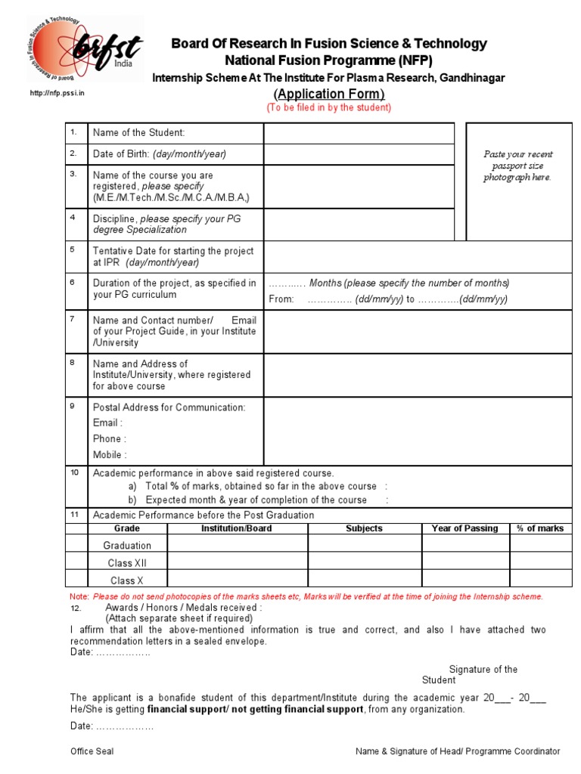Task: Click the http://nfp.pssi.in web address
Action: (57, 93)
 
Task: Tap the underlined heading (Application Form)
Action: (328, 94)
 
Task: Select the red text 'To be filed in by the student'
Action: (328, 107)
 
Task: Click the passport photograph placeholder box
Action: (518, 181)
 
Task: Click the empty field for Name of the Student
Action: (359, 133)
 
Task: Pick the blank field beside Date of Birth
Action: (359, 154)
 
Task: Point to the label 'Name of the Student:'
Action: (138, 133)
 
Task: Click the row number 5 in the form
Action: (73, 249)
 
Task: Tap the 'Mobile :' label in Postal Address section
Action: (110, 455)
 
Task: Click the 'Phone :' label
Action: (110, 439)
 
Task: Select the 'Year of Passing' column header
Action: (464, 528)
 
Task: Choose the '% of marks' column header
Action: (540, 528)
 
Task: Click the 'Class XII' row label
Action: (127, 563)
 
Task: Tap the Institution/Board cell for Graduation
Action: (237, 545)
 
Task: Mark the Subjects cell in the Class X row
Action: (363, 580)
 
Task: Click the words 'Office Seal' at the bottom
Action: (92, 751)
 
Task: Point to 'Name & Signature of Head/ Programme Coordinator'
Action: (458, 751)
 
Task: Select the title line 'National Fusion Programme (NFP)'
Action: (328, 60)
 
